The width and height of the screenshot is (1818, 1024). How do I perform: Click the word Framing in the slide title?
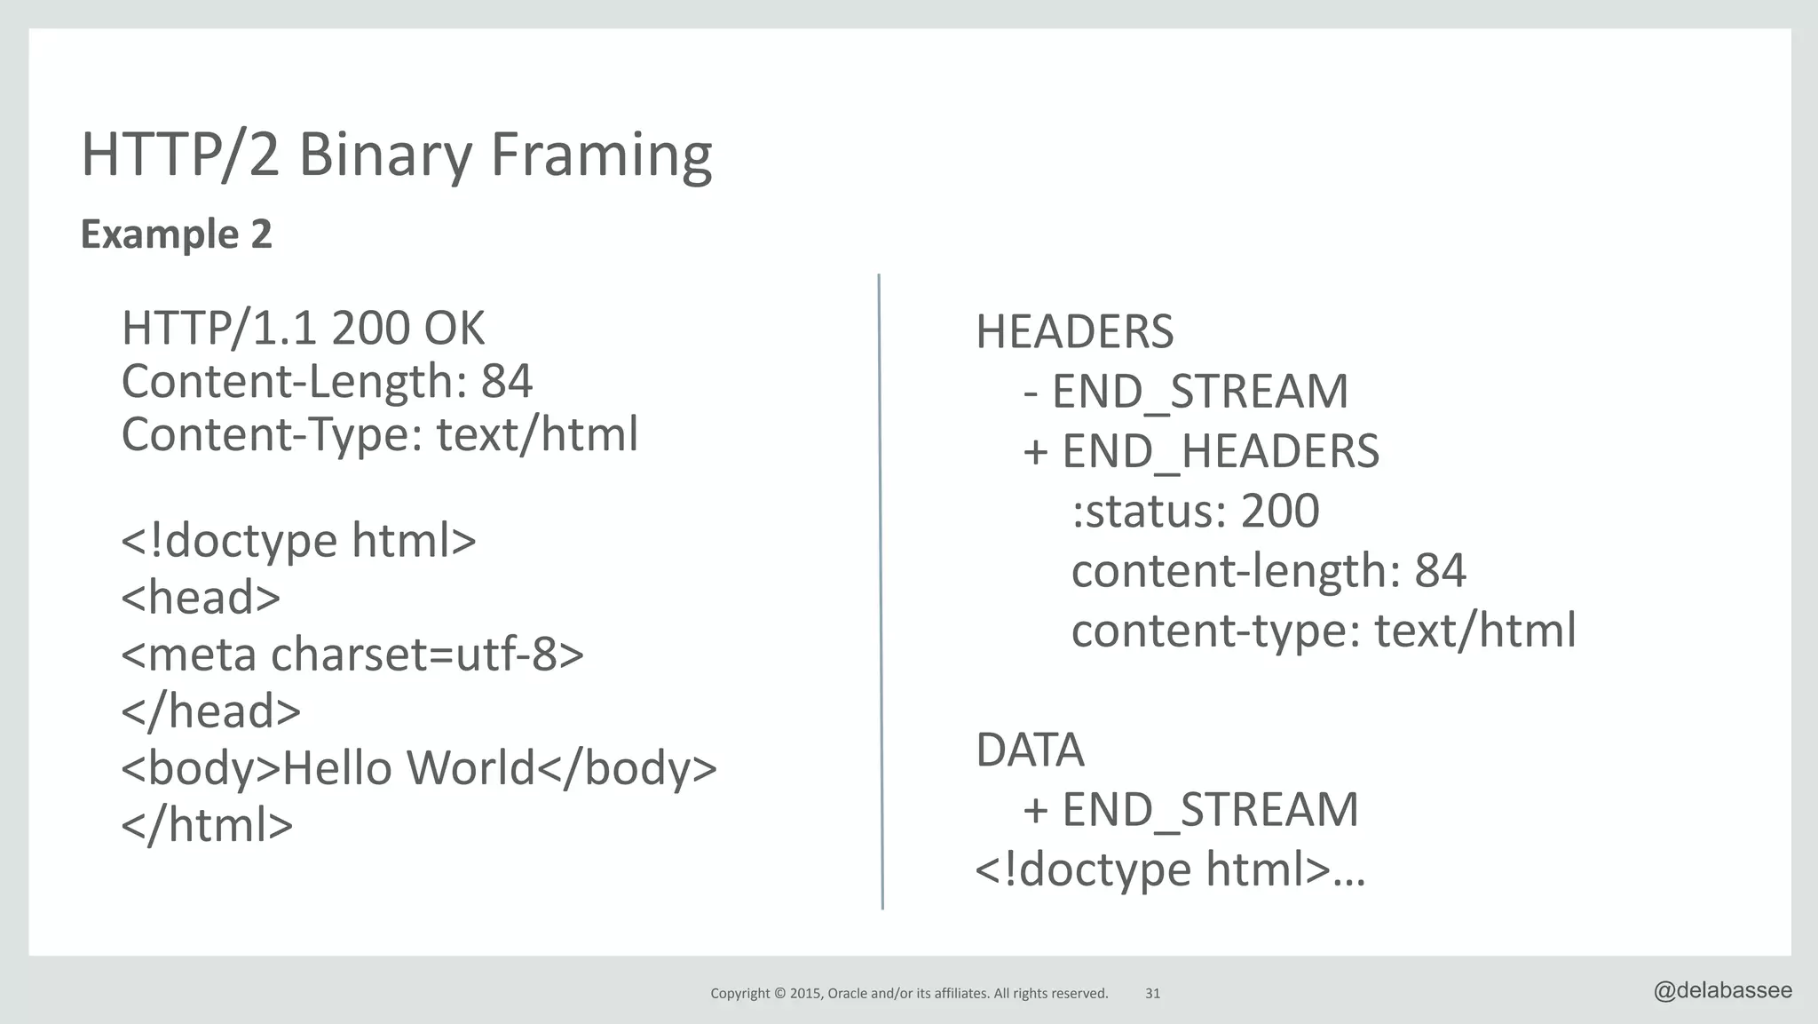pyautogui.click(x=600, y=155)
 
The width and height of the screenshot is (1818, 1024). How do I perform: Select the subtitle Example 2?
pyautogui.click(x=176, y=234)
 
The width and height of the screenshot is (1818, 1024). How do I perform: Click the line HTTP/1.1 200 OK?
pyautogui.click(x=303, y=329)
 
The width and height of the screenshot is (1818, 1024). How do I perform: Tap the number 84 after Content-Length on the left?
pyautogui.click(x=507, y=382)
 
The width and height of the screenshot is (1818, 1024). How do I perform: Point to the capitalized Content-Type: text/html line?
pyautogui.click(x=379, y=435)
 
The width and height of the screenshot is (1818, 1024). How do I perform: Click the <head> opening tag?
pyautogui.click(x=201, y=597)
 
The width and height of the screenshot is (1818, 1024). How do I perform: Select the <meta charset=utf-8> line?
pyautogui.click(x=352, y=655)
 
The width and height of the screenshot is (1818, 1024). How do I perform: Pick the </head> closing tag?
pyautogui.click(x=211, y=711)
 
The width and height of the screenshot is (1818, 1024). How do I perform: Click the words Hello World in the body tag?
pyautogui.click(x=409, y=768)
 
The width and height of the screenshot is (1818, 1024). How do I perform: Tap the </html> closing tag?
pyautogui.click(x=207, y=825)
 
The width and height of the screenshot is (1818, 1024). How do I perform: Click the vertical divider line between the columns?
pyautogui.click(x=881, y=591)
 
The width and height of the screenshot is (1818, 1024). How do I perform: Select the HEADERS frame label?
pyautogui.click(x=1074, y=332)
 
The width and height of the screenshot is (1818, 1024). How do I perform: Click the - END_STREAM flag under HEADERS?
pyautogui.click(x=1185, y=392)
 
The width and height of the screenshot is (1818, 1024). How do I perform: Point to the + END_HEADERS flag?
pyautogui.click(x=1201, y=451)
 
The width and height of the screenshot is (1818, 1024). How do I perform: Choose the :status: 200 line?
pyautogui.click(x=1195, y=512)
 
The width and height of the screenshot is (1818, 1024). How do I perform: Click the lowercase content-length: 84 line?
pyautogui.click(x=1268, y=571)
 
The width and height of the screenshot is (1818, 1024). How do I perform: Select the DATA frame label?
pyautogui.click(x=1030, y=750)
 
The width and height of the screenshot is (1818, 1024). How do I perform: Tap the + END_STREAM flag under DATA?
pyautogui.click(x=1190, y=810)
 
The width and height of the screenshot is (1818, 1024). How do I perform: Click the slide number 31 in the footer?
pyautogui.click(x=1152, y=994)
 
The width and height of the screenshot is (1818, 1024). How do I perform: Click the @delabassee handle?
pyautogui.click(x=1722, y=991)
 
